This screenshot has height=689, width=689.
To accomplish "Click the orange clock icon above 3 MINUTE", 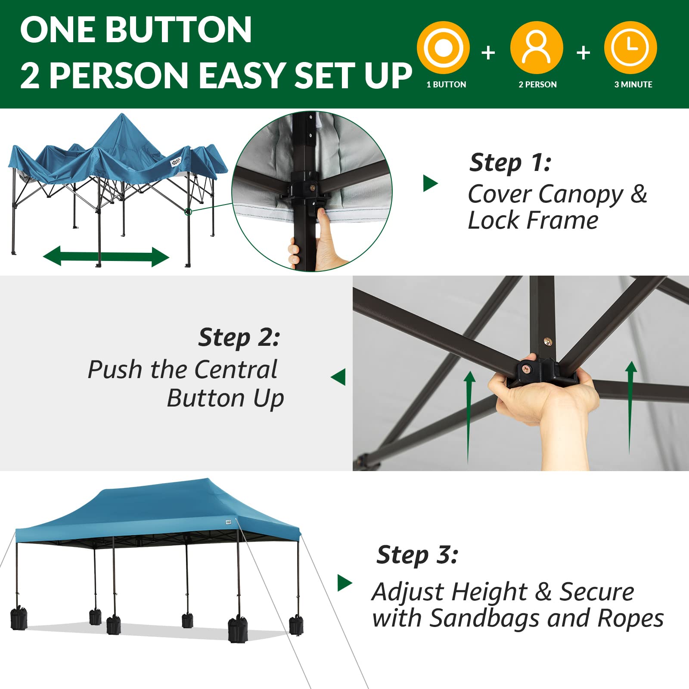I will [630, 47].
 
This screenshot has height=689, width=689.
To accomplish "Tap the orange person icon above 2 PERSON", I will [537, 47].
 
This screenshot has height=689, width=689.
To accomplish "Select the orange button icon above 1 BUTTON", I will [443, 47].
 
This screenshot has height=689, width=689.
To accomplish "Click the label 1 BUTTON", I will [446, 85].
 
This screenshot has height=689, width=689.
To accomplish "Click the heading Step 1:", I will [510, 163].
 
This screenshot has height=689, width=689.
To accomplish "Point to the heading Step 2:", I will [239, 337].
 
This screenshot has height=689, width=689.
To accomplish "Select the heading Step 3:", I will [417, 555].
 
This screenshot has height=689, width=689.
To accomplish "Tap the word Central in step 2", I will [235, 369].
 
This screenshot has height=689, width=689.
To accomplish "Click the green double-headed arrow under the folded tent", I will [106, 257].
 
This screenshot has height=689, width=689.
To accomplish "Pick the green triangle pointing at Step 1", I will [430, 183].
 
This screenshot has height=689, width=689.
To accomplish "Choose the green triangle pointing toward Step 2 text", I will [339, 377].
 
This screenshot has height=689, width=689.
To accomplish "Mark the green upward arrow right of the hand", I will [630, 405].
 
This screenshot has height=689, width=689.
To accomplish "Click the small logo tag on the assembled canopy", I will [228, 522].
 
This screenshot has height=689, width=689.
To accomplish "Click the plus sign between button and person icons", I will [488, 53].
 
